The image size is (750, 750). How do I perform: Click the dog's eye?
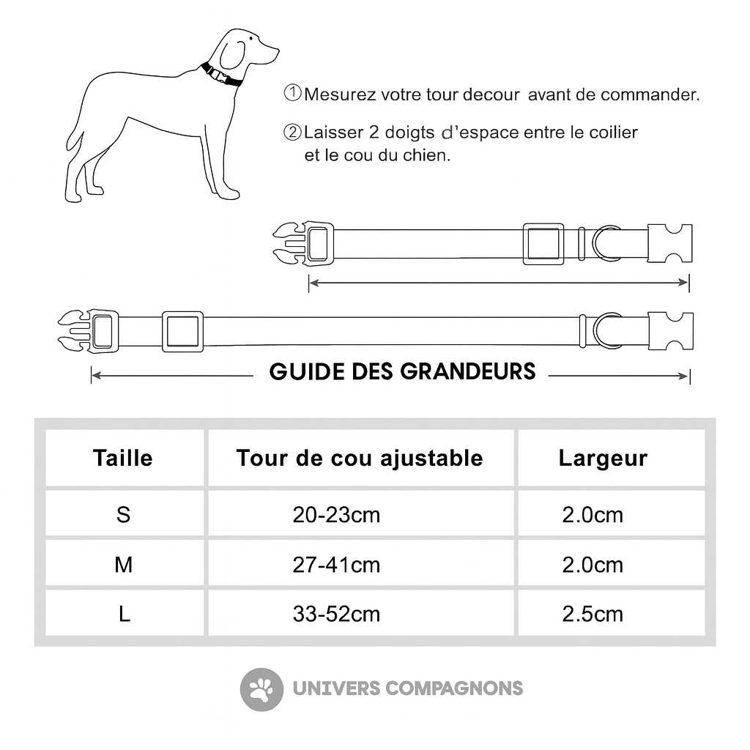click(x=251, y=40)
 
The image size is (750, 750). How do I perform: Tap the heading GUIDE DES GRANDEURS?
click(x=402, y=371)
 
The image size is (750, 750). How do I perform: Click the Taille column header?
click(x=123, y=458)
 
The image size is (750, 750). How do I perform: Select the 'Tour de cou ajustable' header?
click(x=360, y=458)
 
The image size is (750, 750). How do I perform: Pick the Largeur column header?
click(x=603, y=458)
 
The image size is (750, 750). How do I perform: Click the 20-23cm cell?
click(x=336, y=515)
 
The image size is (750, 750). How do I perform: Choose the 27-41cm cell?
click(x=336, y=565)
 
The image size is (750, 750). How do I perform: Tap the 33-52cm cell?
click(x=336, y=614)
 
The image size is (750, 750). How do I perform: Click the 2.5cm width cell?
click(x=593, y=614)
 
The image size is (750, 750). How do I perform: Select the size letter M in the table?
click(x=124, y=565)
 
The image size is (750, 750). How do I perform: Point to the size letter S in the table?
click(x=124, y=515)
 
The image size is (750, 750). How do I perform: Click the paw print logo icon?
click(x=261, y=689)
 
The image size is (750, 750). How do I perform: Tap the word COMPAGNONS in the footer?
click(x=454, y=688)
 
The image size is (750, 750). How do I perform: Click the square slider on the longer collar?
click(x=182, y=332)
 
